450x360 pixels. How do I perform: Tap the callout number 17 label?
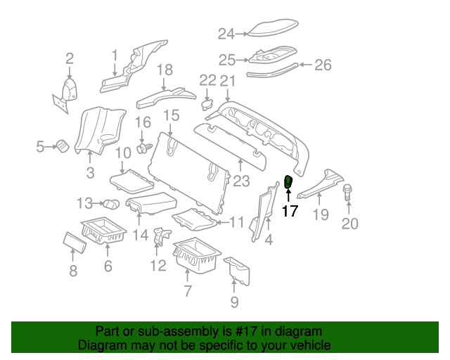pos(290,211)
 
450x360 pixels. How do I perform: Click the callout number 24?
pos(225,33)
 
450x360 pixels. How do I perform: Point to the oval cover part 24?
pos(270,30)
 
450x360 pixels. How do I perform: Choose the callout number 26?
pos(322,65)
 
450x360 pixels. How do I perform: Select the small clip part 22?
pos(207,104)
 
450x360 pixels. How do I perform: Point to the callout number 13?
pos(85,203)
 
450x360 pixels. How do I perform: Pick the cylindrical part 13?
pos(111,205)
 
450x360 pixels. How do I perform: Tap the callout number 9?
pos(234,302)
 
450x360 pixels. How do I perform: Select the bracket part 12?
pos(159,238)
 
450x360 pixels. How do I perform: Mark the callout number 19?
pos(320,214)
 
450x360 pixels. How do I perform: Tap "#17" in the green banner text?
pos(232,331)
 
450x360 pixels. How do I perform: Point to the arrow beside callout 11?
pos(221,223)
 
